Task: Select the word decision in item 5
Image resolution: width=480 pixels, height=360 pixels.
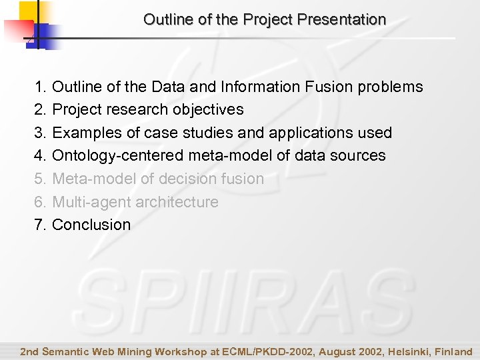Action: coord(193,179)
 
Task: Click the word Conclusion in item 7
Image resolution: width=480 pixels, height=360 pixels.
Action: coord(91,225)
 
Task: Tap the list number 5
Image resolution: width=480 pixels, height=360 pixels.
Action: coord(40,179)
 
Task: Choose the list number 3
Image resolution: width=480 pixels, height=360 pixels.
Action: coord(40,133)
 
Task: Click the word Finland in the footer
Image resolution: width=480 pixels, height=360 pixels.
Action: coord(454,351)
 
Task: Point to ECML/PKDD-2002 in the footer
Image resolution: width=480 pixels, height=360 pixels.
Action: coord(261,351)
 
